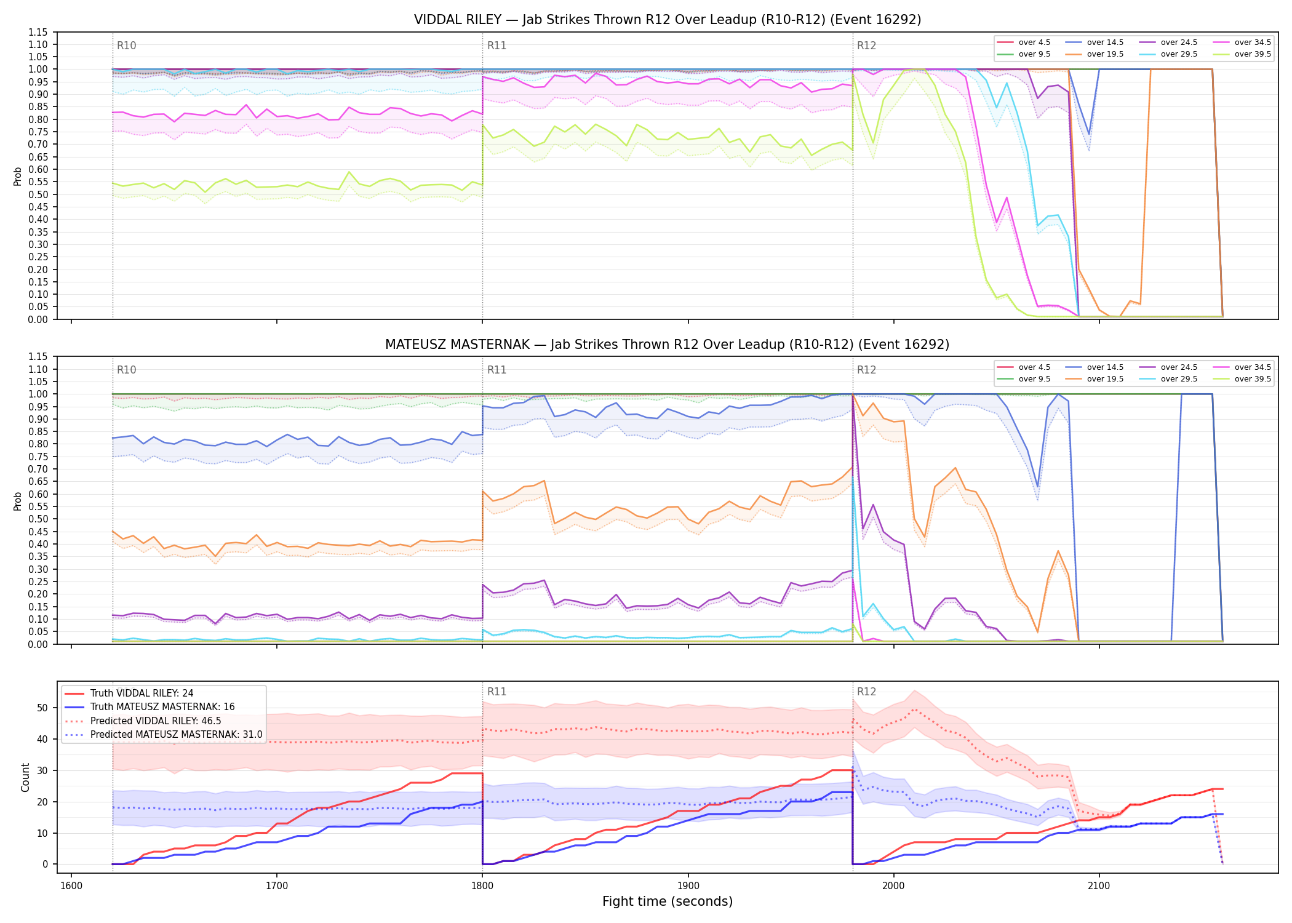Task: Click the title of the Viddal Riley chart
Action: tap(668, 20)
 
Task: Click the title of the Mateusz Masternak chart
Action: tap(668, 345)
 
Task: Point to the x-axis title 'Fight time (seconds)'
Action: tap(668, 901)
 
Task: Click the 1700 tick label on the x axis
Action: tap(277, 886)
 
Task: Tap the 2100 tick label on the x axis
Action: tap(1099, 886)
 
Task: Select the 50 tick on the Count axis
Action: tap(42, 708)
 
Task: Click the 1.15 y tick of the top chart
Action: tap(38, 32)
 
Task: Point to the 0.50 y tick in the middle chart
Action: tap(38, 519)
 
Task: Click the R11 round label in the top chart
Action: tap(496, 46)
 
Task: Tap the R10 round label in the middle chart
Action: tap(127, 370)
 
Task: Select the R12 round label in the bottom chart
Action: tap(867, 692)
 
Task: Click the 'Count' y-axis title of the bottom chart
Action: tap(26, 777)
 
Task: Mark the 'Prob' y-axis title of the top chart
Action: tap(18, 176)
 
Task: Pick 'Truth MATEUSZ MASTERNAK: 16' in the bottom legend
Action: tap(162, 707)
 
